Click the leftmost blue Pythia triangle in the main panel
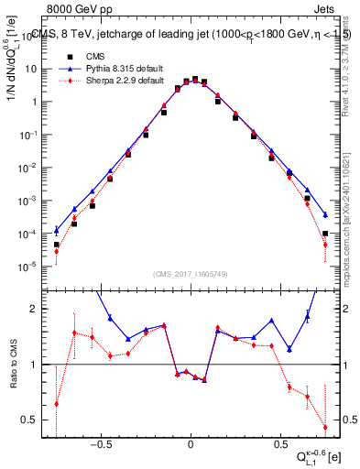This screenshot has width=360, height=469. tap(57, 230)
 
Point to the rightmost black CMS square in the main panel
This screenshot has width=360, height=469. tap(325, 234)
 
